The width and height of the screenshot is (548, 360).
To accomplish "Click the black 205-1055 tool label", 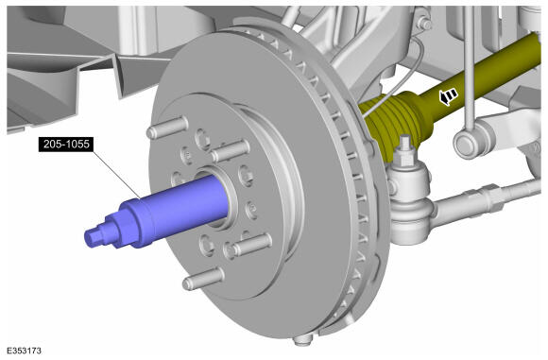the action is [x=66, y=144].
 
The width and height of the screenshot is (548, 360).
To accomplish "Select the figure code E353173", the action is [x=24, y=351].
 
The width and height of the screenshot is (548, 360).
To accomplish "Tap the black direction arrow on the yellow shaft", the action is [x=448, y=96].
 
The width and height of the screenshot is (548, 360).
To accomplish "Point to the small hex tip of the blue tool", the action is [x=92, y=238].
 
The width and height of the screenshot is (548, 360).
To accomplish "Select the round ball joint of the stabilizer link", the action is [x=469, y=144].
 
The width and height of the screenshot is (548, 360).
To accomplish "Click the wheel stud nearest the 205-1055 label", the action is [x=167, y=128].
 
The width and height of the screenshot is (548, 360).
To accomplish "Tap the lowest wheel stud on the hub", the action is [x=203, y=279].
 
